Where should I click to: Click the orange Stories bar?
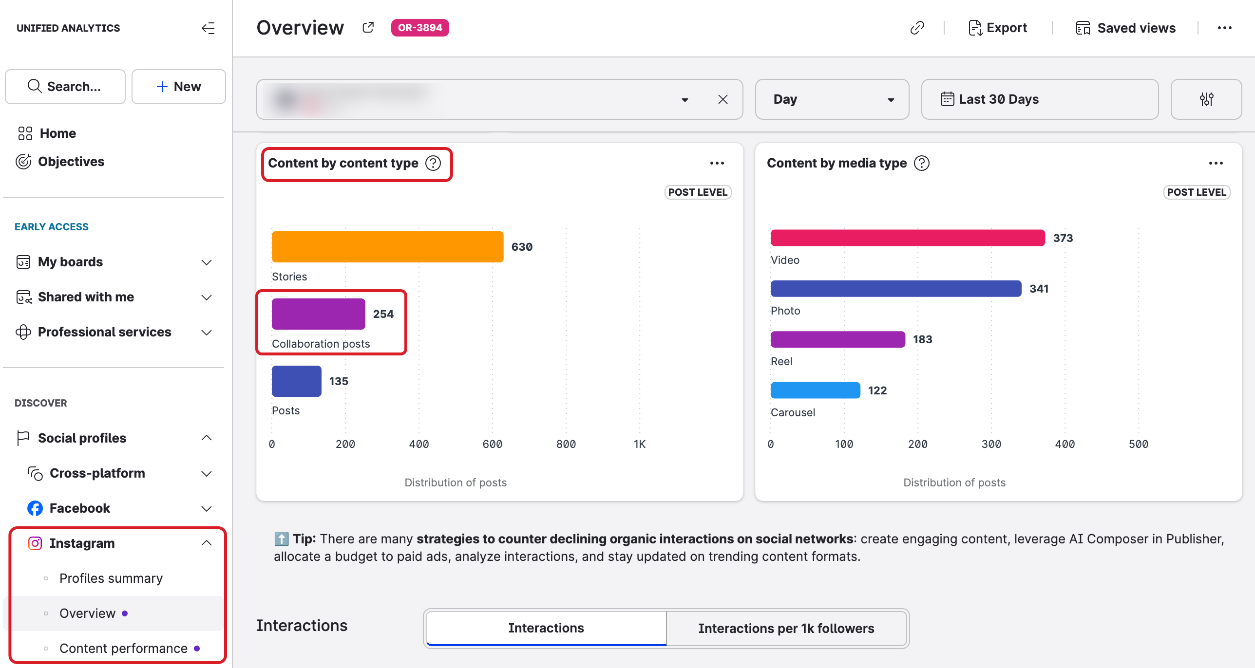tap(387, 247)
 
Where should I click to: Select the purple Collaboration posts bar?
tap(318, 314)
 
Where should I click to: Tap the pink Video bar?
tap(907, 238)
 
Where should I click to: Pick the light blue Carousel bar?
tap(815, 390)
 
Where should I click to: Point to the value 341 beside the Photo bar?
tap(1039, 289)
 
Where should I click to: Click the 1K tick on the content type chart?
tap(639, 444)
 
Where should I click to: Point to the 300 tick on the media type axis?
tap(991, 444)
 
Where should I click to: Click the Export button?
tap(998, 28)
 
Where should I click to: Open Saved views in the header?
tap(1126, 28)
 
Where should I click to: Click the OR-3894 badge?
tap(419, 28)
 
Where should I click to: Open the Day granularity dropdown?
tap(832, 99)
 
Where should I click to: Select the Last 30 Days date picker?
tap(1039, 99)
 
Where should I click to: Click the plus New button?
tap(178, 87)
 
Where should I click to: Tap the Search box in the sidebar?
tap(65, 87)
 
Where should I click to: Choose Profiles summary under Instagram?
tap(111, 578)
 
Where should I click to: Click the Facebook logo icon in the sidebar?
tap(35, 508)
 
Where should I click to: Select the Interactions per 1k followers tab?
tap(786, 629)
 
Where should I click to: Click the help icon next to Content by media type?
tap(921, 163)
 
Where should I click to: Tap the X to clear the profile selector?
tap(723, 99)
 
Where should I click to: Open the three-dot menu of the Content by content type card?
tap(717, 163)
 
